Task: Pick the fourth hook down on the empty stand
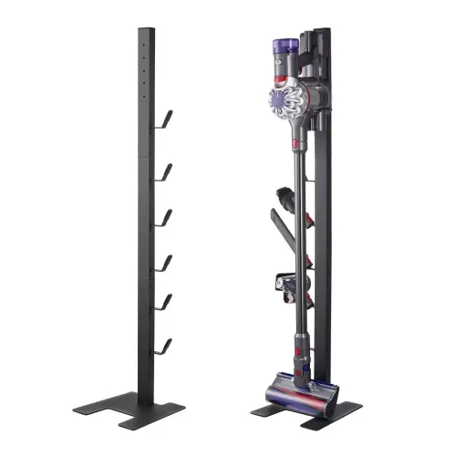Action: coord(164,264)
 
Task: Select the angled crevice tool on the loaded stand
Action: coord(284,233)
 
